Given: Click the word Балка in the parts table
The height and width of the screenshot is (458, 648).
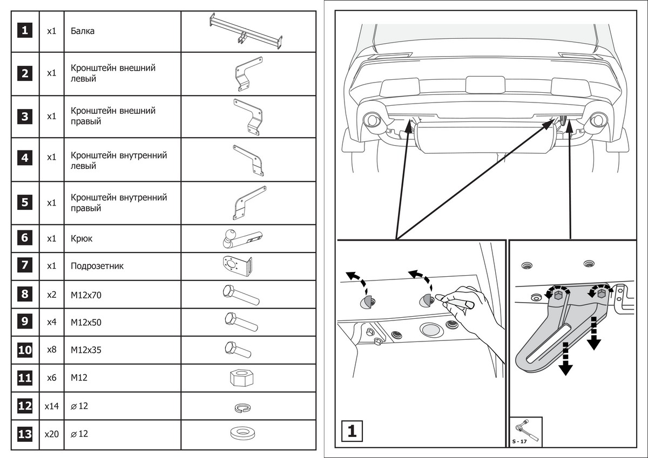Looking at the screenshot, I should (83, 31).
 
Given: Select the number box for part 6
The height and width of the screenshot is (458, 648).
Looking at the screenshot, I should (25, 238).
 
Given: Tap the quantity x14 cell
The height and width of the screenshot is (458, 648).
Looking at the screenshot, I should (51, 406).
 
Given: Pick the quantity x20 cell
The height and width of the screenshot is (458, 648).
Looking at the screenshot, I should (51, 434).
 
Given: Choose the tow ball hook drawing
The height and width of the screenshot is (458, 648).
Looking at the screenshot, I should (241, 238).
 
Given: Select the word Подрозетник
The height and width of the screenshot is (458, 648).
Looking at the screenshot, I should (97, 266).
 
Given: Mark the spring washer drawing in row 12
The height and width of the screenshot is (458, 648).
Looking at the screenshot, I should (241, 407).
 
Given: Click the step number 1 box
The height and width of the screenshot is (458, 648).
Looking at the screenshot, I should (352, 431).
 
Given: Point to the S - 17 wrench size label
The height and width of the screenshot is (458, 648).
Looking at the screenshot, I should (519, 442).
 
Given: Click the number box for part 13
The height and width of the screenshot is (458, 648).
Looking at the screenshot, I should (25, 434).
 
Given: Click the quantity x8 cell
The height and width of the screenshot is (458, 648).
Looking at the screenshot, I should (51, 350).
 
